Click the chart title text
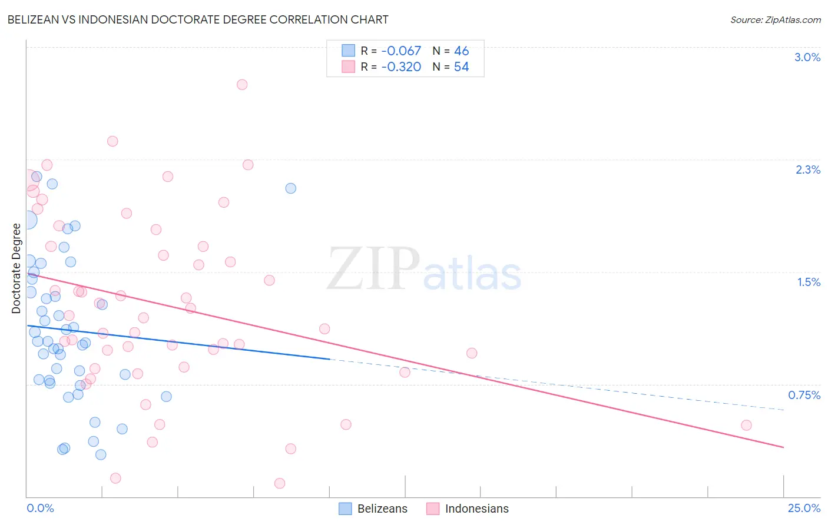coord(198,19)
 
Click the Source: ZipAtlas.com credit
coord(775,19)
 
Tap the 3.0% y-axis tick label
coord(807,57)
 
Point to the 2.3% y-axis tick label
coord(807,170)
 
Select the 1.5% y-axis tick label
coord(809,282)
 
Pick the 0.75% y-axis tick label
coord(804,395)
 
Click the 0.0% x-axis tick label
coord(40,508)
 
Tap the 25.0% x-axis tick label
coord(804,508)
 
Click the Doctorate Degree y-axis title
coord(16,268)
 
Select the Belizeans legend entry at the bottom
coord(373,509)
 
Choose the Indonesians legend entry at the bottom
coord(468,509)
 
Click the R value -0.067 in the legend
coord(401,51)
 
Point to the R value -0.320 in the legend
coord(401,67)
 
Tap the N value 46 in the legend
coord(461,51)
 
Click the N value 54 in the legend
coord(461,67)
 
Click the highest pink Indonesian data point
coord(242,84)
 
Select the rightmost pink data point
coord(746,425)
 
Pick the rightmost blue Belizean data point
coord(290,188)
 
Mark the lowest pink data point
coord(280,483)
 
